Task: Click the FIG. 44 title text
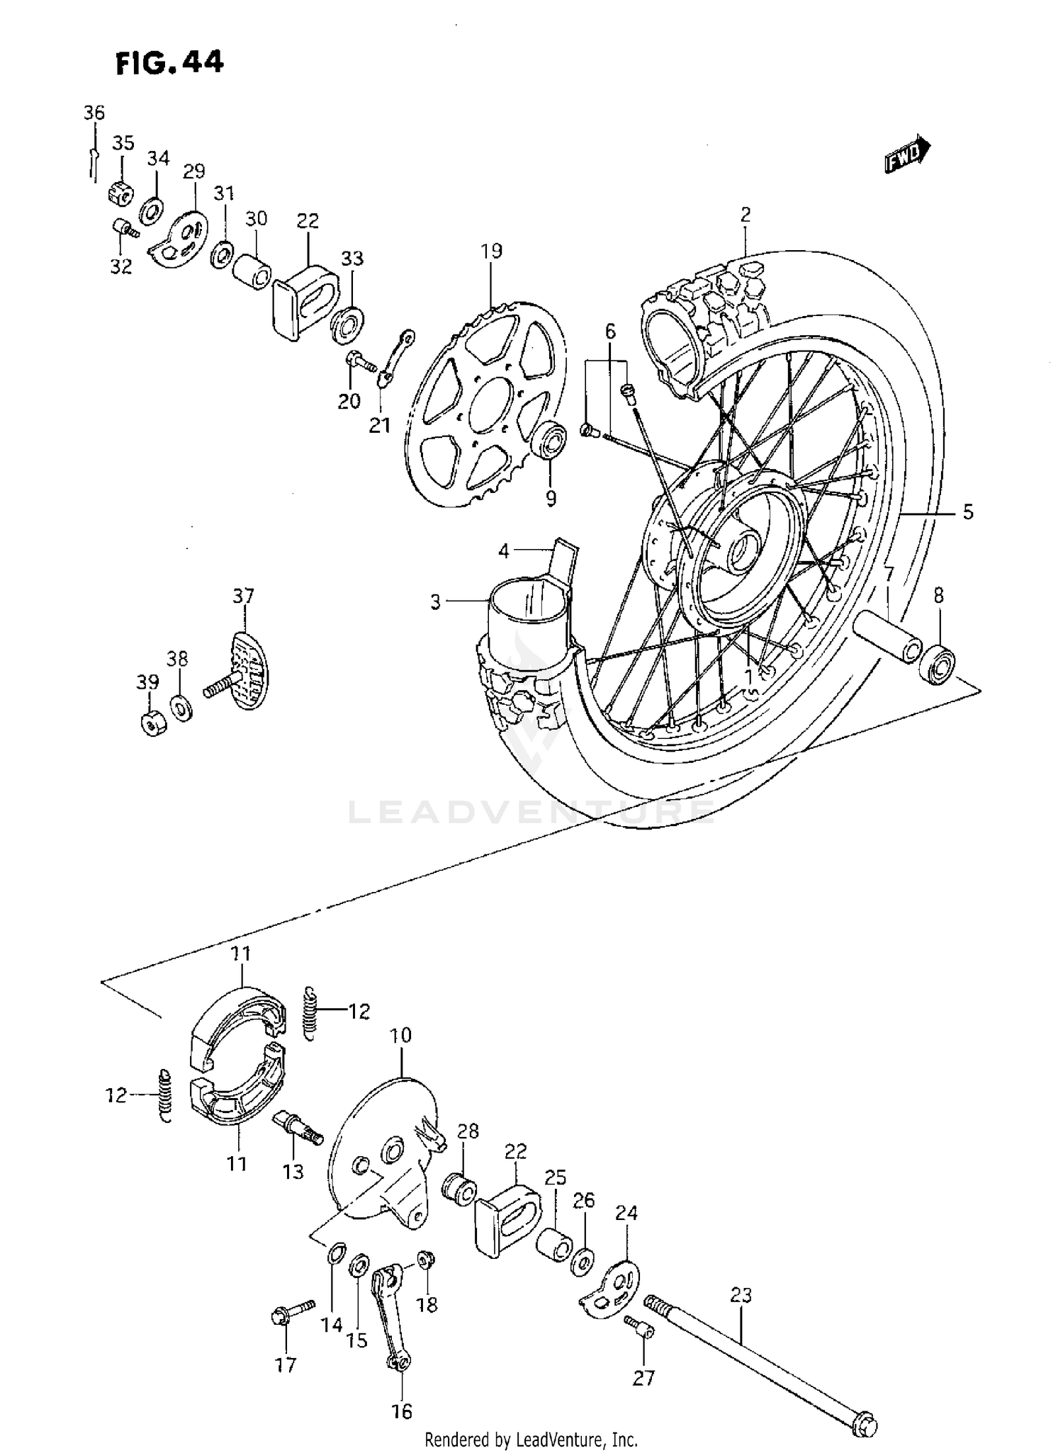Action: pos(170,63)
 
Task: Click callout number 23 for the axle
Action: pos(741,1296)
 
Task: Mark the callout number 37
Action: pos(243,596)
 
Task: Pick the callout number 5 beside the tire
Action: pos(968,512)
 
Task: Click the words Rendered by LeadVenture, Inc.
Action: pos(531,1440)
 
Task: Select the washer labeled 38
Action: pos(181,707)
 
